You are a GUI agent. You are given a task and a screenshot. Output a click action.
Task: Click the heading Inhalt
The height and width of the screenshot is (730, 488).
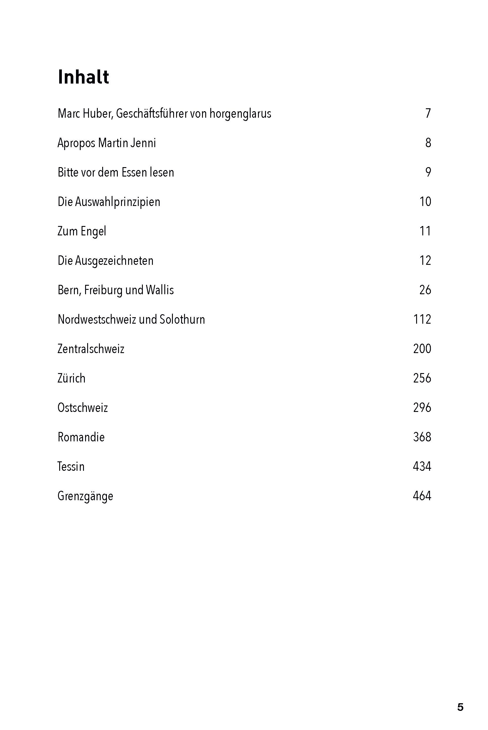83,77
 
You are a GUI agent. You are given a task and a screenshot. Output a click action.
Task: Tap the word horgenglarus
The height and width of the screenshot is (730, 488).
240,114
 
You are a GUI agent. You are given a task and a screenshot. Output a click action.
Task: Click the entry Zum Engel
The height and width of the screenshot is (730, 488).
82,231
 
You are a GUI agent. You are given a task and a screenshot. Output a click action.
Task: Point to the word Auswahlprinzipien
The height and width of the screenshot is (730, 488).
118,202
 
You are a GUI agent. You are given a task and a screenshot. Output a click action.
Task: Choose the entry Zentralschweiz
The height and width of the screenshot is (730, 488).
91,349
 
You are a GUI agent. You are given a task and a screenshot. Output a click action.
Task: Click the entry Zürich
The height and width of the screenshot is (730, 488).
71,378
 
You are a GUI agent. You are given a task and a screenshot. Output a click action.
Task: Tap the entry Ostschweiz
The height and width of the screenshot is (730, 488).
82,408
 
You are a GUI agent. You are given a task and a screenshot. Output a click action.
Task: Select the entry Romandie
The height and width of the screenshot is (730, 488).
81,437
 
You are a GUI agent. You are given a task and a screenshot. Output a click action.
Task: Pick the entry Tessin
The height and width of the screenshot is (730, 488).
71,467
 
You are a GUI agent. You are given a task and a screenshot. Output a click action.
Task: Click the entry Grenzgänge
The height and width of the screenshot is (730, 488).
85,496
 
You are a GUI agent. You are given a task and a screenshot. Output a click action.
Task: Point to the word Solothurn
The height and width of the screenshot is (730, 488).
182,320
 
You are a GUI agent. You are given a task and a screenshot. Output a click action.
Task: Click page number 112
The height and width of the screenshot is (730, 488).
422,319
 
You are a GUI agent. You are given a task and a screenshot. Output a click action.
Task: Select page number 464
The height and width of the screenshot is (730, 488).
422,496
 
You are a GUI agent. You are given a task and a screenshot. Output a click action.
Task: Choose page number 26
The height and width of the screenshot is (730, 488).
425,290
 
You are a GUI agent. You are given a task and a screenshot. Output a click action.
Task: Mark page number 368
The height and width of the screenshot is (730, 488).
422,437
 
